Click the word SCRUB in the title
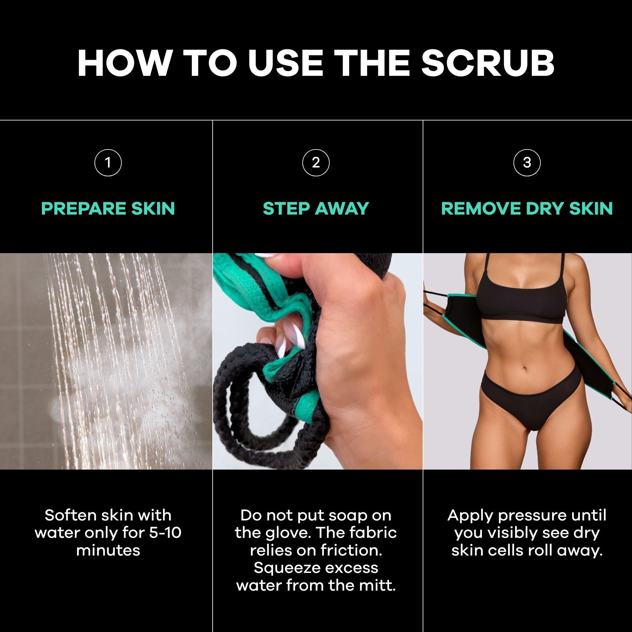click(488, 63)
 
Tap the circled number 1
click(108, 162)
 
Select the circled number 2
click(316, 162)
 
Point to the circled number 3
click(527, 162)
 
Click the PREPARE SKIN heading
click(108, 209)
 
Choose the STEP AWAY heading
click(316, 209)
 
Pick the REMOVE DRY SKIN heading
click(527, 209)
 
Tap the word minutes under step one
click(108, 551)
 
